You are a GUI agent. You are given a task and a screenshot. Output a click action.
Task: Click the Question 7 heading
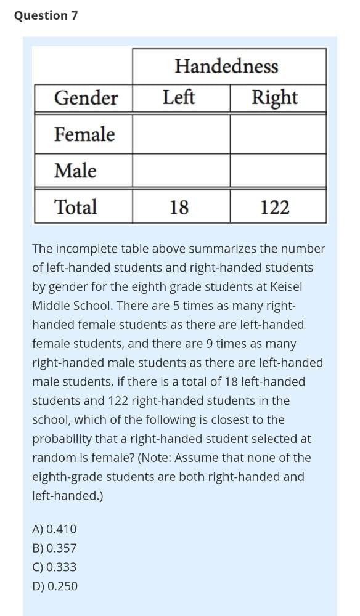46,15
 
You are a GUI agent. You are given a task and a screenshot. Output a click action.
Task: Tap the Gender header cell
86,98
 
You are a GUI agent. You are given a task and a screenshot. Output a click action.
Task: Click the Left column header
179,97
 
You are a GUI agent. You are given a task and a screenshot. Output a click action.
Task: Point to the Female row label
84,134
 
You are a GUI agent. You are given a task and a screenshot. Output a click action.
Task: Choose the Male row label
75,171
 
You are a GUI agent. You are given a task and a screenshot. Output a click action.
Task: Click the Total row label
76,207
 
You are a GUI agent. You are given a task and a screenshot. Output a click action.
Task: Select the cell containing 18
179,208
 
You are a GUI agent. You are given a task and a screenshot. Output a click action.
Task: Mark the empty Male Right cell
278,171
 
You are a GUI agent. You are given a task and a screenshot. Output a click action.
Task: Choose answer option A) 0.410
54,529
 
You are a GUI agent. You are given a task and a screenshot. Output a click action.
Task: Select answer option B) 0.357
54,548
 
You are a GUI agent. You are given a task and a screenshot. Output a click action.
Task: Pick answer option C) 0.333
54,567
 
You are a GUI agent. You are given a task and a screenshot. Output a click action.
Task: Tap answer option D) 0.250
55,586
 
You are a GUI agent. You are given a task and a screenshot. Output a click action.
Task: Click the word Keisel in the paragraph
284,287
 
